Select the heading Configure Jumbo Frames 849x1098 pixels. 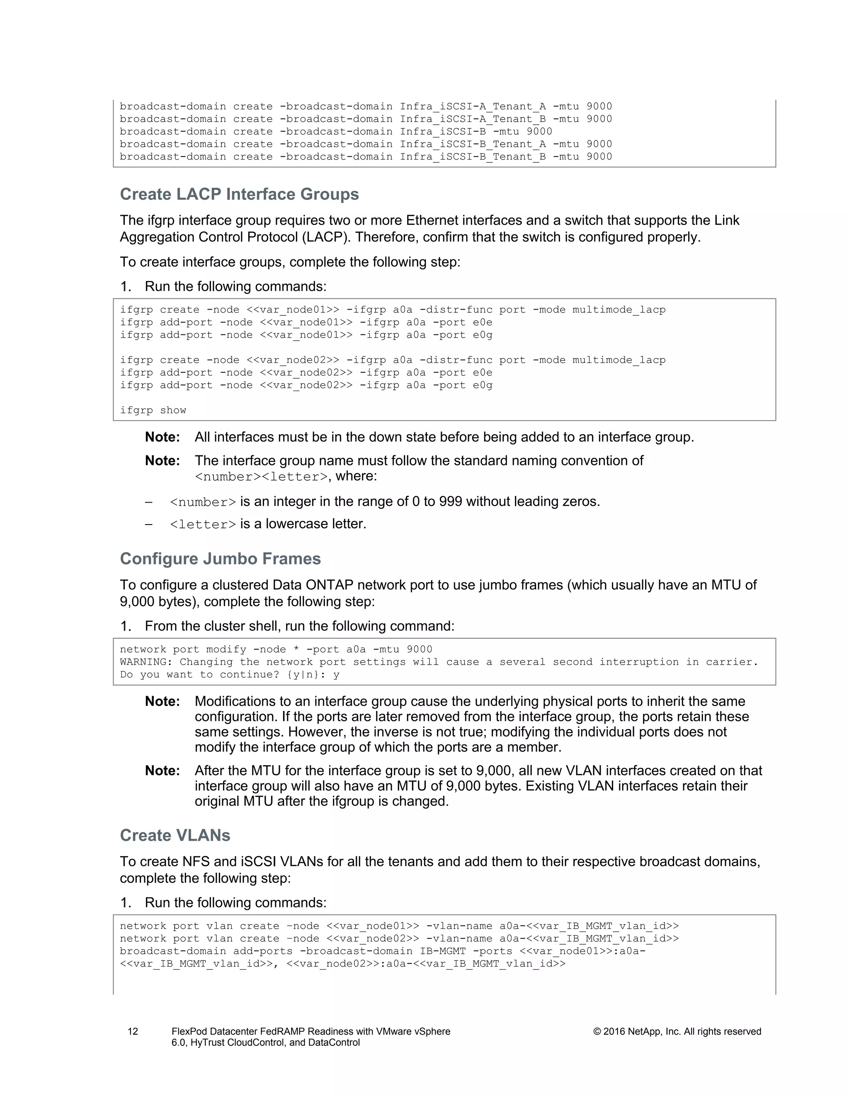220,559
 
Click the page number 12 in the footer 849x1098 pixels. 132,1032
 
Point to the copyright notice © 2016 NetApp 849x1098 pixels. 677,1032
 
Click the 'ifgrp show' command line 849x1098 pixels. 153,410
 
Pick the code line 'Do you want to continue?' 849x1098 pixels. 229,674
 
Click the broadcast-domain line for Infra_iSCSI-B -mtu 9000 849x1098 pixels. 335,131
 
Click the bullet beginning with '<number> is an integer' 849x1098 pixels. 384,502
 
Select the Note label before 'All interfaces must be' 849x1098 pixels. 162,437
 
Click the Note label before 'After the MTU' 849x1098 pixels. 162,771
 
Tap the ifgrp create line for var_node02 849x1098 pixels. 392,360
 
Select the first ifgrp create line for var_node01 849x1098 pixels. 392,310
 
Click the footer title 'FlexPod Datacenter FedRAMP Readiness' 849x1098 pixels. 310,1032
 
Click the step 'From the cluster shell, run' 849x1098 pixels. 299,626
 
